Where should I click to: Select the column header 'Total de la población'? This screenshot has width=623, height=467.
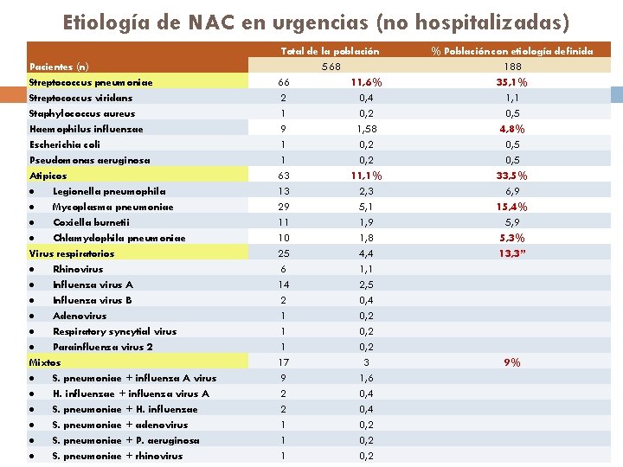click(331, 51)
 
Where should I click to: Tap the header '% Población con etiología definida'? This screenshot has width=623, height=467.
click(512, 51)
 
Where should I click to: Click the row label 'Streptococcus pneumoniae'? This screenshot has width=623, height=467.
click(91, 82)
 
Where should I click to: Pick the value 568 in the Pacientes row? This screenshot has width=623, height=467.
click(331, 67)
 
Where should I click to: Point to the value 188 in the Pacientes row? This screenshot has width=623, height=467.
click(512, 67)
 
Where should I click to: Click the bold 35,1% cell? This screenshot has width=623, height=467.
click(512, 82)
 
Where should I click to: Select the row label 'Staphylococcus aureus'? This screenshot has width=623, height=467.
click(82, 113)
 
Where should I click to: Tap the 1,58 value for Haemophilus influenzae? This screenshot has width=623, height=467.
click(366, 129)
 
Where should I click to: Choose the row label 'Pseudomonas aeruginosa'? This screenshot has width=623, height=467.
click(89, 160)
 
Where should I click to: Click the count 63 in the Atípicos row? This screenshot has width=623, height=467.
click(284, 176)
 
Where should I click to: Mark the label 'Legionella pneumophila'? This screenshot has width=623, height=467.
click(109, 191)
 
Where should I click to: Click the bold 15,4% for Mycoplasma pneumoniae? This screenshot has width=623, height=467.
click(512, 207)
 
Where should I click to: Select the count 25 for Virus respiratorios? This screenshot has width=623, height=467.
click(284, 253)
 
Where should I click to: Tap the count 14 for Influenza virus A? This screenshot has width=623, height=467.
click(284, 285)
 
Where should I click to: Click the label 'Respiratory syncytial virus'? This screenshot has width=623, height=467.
click(114, 331)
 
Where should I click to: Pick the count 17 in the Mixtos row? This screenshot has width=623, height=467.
click(284, 362)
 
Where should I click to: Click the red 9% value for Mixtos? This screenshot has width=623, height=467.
click(512, 362)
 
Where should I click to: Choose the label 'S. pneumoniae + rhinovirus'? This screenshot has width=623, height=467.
click(118, 456)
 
